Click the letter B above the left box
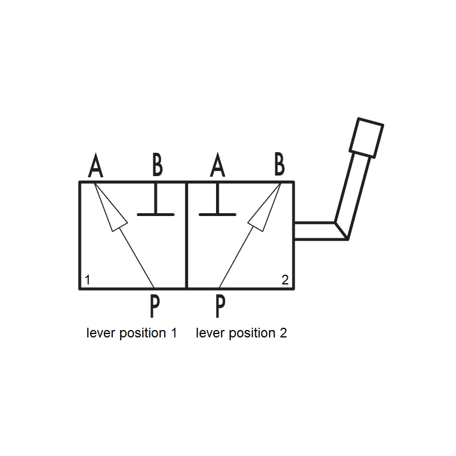pyautogui.click(x=158, y=165)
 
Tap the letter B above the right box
pyautogui.click(x=279, y=164)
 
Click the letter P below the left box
pyautogui.click(x=154, y=306)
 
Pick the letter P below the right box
pyautogui.click(x=221, y=306)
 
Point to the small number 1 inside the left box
pyautogui.click(x=87, y=280)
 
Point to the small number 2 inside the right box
pyautogui.click(x=285, y=280)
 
